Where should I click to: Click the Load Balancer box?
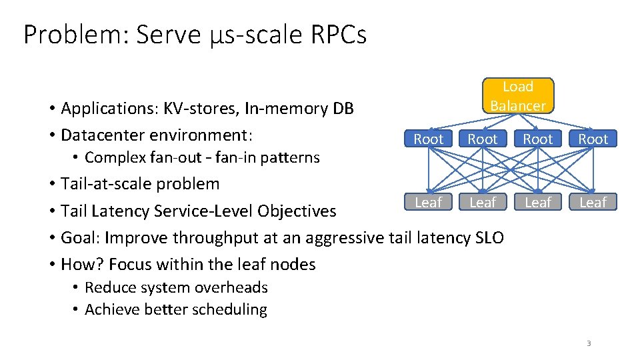coord(517,96)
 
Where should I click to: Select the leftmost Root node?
coord(428,139)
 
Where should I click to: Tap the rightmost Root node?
coord(593,139)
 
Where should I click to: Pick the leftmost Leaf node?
coord(428,202)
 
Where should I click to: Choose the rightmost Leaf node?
coord(593,202)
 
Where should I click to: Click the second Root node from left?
coord(483,139)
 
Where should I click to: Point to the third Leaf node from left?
coord(538,202)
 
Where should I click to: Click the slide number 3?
coord(589,343)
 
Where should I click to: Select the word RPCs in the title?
coord(338,35)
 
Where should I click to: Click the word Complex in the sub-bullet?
coord(109,158)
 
